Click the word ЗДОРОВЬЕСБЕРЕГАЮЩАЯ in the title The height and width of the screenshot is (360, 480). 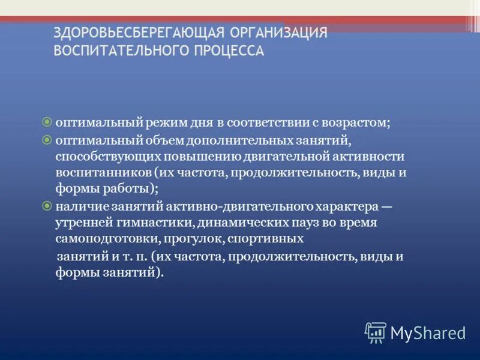click(x=139, y=32)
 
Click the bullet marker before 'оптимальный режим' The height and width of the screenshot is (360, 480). click(x=47, y=122)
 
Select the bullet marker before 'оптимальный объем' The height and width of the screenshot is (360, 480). click(x=47, y=139)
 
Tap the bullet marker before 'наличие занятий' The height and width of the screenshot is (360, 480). click(x=47, y=206)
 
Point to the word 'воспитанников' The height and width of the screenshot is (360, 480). click(x=98, y=173)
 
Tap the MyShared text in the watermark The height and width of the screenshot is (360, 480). click(x=428, y=332)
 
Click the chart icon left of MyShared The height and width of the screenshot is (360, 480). click(x=376, y=332)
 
